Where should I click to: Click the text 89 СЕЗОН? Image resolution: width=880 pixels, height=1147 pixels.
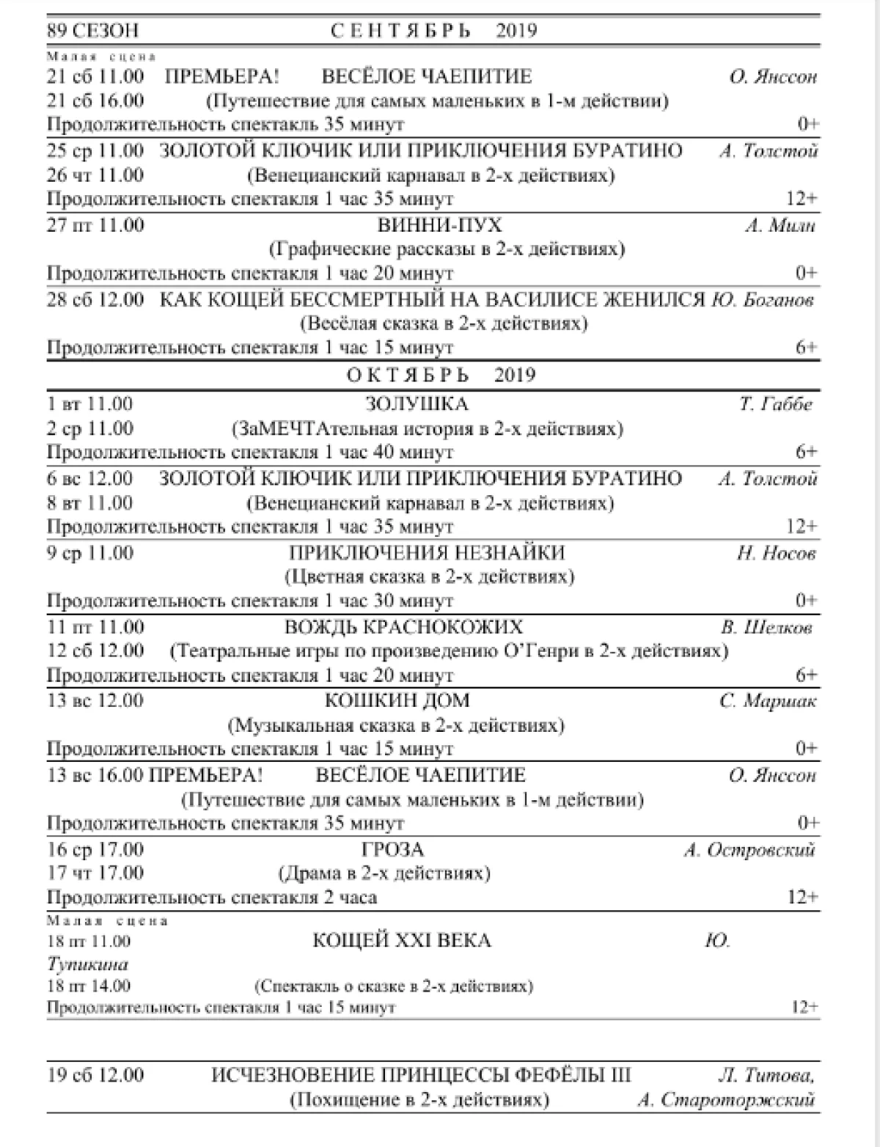coord(92,32)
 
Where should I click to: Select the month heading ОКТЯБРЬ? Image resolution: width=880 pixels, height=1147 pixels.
coord(408,375)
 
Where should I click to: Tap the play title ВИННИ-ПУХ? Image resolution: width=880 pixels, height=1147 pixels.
coord(439,225)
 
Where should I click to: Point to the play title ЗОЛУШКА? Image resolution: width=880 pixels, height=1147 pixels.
coord(417,404)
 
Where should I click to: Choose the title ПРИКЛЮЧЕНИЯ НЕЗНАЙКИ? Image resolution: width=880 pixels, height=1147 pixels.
coord(427,553)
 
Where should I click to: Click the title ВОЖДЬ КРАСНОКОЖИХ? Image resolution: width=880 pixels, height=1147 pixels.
coord(404,627)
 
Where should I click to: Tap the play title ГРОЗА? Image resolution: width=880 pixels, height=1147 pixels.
coord(393,850)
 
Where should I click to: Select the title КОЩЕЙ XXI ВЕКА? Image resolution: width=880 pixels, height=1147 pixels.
coord(402,941)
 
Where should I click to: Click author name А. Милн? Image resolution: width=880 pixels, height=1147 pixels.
coord(780,225)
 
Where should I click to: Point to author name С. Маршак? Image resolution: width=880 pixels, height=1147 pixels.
coord(768,701)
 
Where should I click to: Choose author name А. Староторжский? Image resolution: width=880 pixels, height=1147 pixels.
coord(726,1100)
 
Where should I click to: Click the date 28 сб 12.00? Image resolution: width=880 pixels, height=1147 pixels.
coord(95,299)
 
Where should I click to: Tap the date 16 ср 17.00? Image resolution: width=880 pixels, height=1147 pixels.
coord(95,850)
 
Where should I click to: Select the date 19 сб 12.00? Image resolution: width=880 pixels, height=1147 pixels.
coord(95,1076)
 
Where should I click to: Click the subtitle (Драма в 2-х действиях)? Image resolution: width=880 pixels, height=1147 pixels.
coord(384,873)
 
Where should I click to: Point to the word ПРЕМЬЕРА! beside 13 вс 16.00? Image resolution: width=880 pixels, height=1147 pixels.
coord(206,775)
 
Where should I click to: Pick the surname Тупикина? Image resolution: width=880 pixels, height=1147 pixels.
coord(87,964)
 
